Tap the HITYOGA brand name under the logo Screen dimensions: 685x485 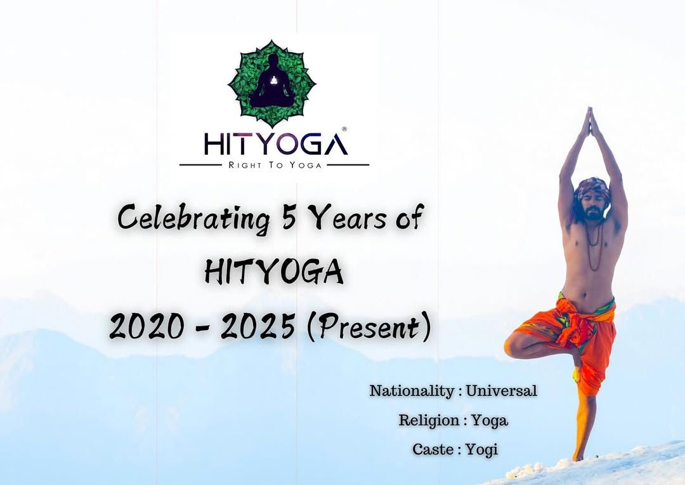(275, 144)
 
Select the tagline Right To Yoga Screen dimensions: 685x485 (275, 165)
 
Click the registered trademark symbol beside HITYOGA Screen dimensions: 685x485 (344, 130)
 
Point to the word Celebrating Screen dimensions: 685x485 (193, 218)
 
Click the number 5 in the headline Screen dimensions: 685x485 (289, 217)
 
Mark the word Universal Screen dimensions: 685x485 (501, 390)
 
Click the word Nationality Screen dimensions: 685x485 (412, 391)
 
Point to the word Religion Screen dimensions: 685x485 (429, 420)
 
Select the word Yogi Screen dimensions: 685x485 (481, 450)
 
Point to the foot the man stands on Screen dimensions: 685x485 (578, 456)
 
